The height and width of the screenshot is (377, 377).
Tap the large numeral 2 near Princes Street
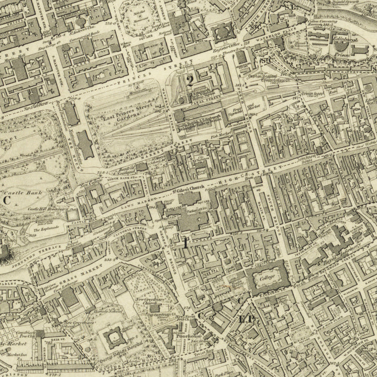[x=190, y=80]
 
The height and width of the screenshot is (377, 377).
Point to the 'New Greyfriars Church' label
[x=148, y=302]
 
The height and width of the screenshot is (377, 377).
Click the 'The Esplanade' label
[x=46, y=229]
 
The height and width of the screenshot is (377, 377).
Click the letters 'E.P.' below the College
[x=246, y=319]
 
